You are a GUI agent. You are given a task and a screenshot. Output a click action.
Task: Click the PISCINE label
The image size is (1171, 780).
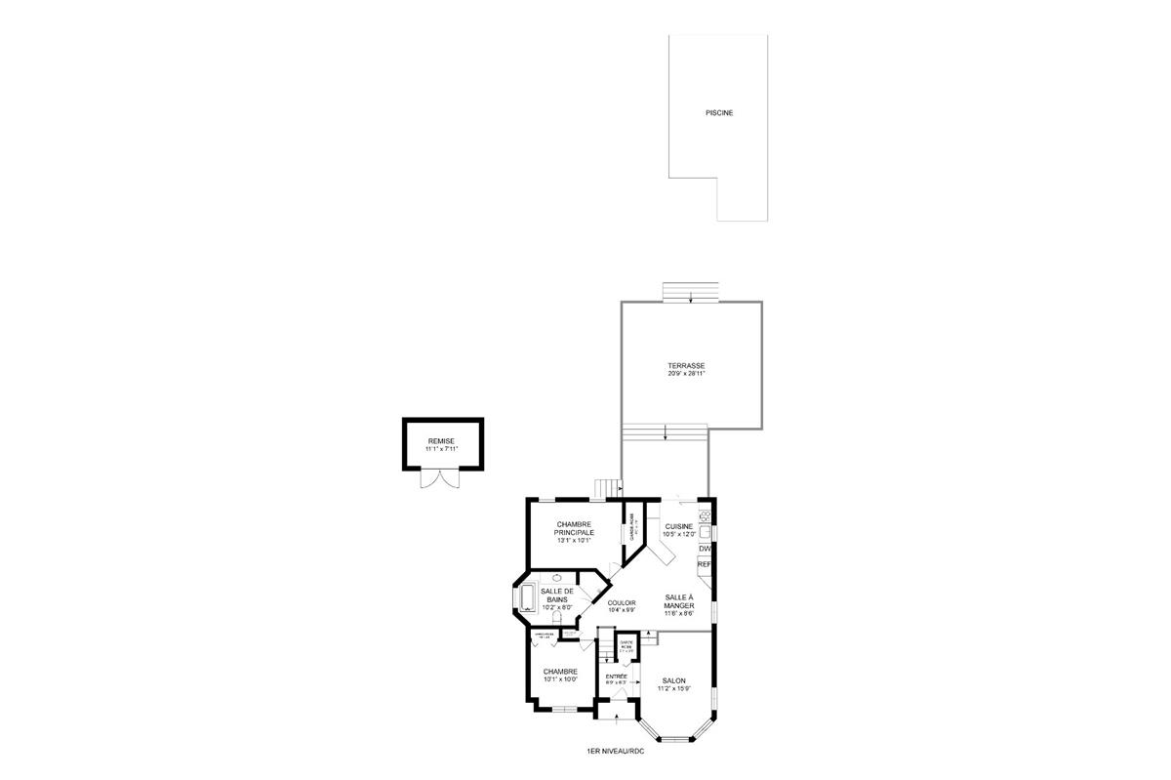[719, 113]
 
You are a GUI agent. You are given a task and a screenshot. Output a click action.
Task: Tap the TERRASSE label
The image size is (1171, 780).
[686, 365]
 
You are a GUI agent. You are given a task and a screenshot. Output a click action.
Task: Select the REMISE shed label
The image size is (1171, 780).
[441, 441]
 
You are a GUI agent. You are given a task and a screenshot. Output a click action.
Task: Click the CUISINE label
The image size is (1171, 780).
[679, 526]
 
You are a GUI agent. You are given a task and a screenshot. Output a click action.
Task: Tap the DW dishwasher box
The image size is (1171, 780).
[705, 549]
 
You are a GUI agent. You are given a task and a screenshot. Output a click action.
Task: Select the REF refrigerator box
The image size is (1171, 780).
[705, 564]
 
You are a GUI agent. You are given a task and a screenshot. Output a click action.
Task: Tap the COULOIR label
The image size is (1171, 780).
[622, 603]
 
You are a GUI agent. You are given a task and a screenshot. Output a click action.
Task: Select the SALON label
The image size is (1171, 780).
[674, 681]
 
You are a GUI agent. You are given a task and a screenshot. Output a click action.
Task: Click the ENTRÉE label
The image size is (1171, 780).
[616, 677]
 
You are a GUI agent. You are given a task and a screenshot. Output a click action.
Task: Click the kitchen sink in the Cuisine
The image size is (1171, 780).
[705, 532]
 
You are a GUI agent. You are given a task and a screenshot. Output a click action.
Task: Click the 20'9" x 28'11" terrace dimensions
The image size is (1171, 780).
[686, 373]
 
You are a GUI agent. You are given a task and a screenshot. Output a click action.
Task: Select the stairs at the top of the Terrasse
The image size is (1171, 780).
[691, 293]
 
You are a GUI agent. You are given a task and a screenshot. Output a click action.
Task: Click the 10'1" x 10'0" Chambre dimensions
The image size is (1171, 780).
[560, 679]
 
